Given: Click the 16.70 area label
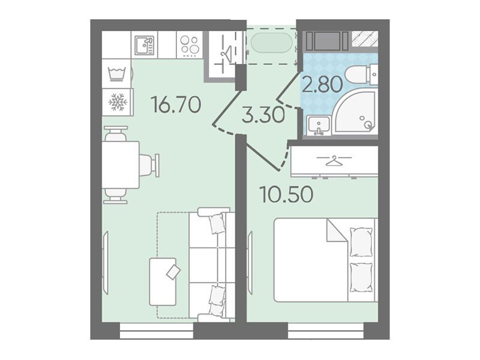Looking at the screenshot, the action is click(x=176, y=104).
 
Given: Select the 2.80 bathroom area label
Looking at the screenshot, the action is click(x=322, y=85).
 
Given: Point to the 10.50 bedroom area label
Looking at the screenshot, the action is click(x=286, y=194).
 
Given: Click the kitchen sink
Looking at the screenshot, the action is click(x=145, y=45).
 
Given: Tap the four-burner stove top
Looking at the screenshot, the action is click(x=190, y=46).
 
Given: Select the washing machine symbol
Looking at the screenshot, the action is click(x=116, y=74).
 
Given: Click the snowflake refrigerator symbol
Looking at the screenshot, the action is click(x=118, y=102).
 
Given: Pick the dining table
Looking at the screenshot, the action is click(x=121, y=164).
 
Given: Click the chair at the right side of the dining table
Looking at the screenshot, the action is click(x=149, y=166).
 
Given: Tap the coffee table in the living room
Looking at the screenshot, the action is click(x=163, y=282).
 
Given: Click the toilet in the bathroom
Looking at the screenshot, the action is click(x=361, y=74).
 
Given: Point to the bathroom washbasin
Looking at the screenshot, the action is click(x=319, y=125).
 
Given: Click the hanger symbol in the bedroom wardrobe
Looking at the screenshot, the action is click(x=334, y=160).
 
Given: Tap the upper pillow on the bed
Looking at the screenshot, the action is click(x=361, y=242).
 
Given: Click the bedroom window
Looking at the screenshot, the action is click(x=326, y=331).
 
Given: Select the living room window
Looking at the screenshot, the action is click(x=157, y=331).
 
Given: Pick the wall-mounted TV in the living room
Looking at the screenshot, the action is click(x=105, y=263).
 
